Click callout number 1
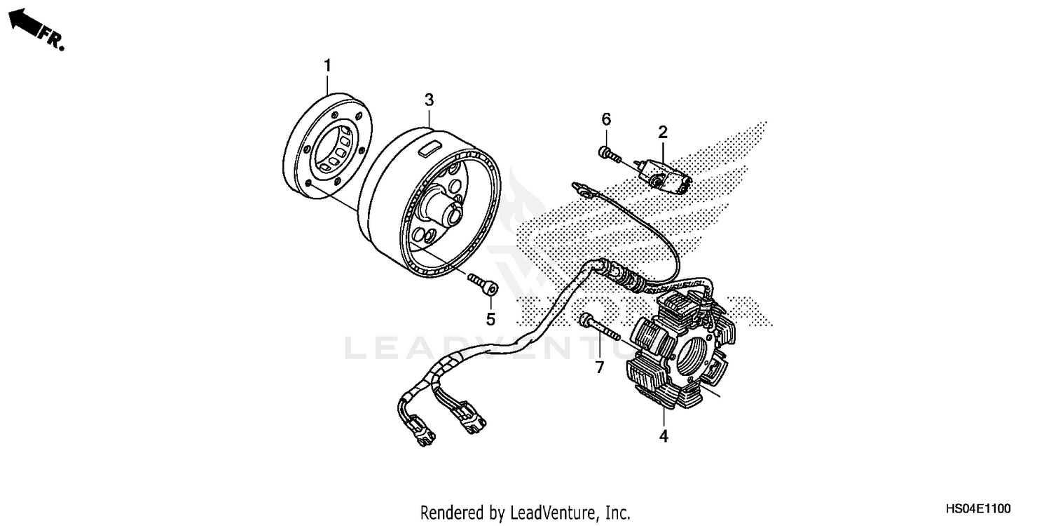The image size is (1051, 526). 327,65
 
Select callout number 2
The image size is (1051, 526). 663,131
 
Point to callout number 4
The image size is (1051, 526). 664,436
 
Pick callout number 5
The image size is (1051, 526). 490,319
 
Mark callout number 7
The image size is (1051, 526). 600,367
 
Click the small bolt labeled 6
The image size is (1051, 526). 607,153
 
